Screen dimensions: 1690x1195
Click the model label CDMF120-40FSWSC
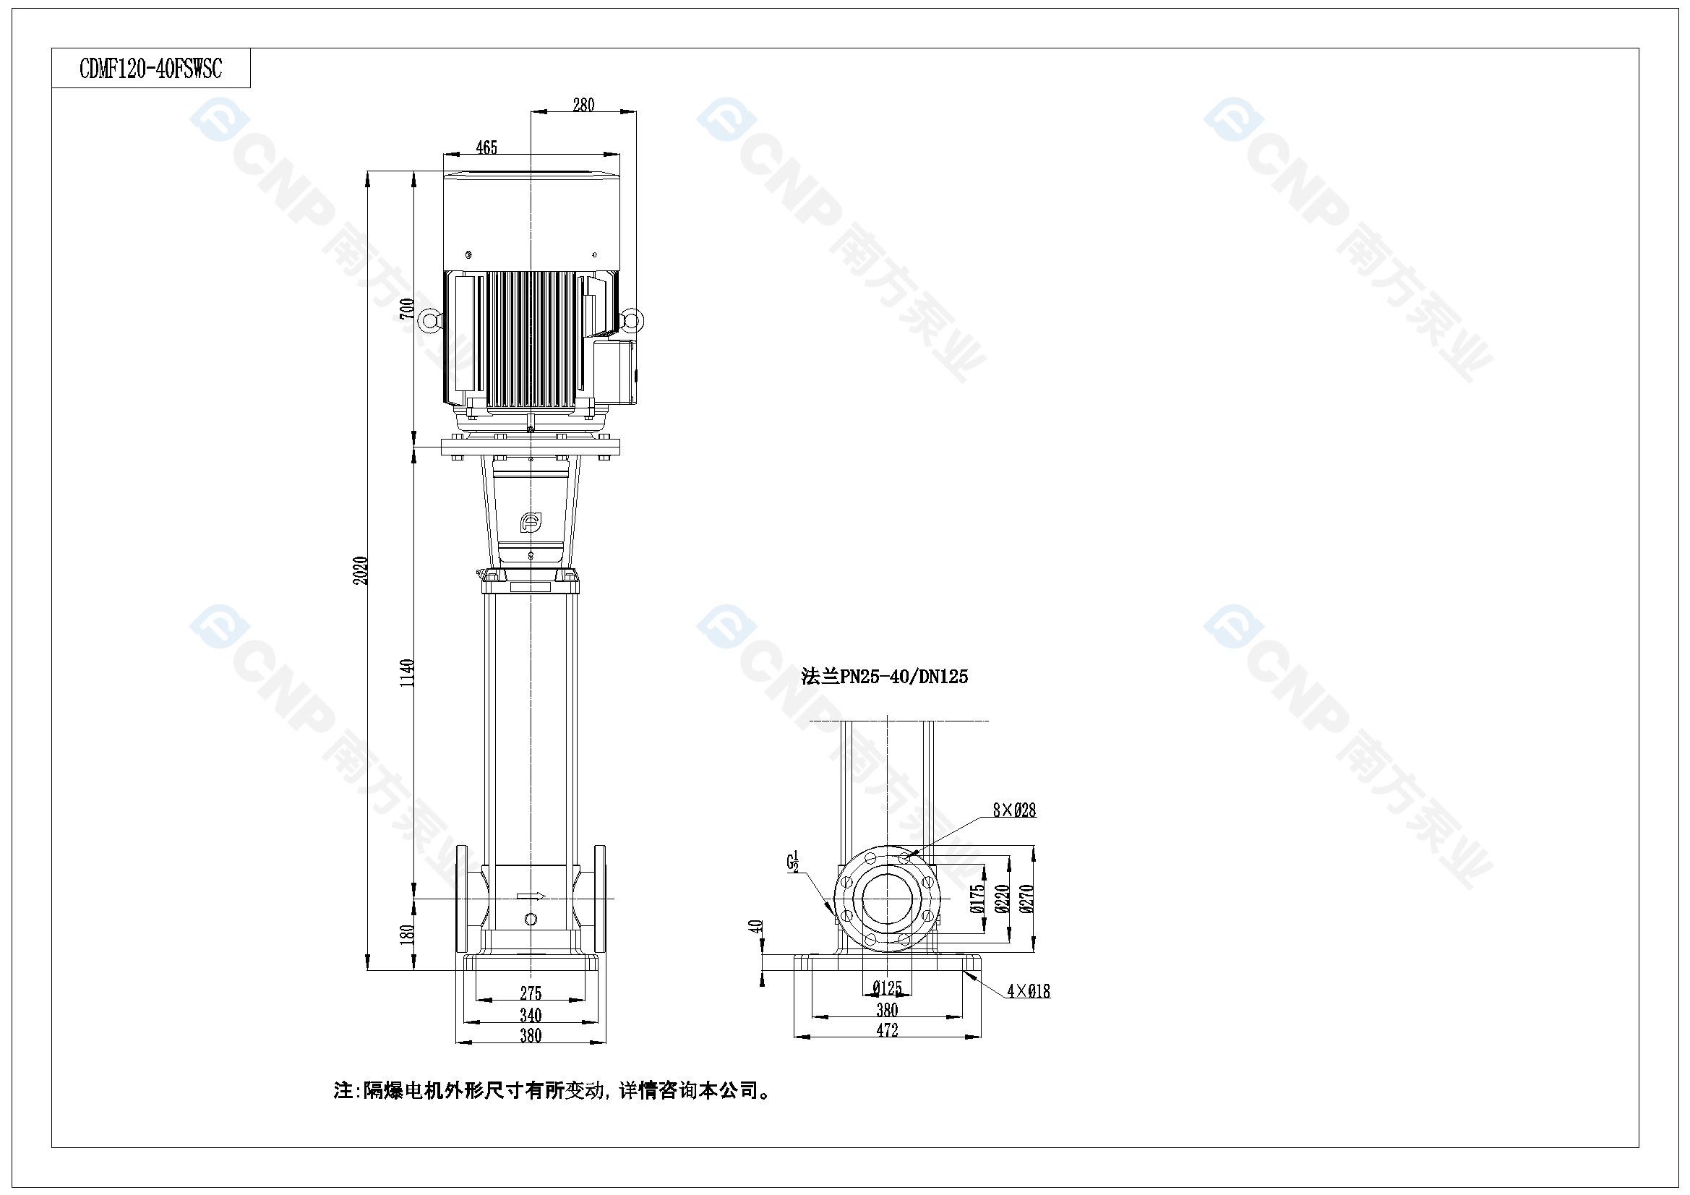(x=150, y=69)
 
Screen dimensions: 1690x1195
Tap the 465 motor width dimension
(x=486, y=148)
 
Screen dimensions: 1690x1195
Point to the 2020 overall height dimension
(x=361, y=570)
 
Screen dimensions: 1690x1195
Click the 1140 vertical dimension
(x=407, y=673)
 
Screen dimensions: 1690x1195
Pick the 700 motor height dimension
(x=407, y=309)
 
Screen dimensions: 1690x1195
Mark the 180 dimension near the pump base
(x=407, y=934)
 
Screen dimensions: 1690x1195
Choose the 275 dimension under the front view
(x=531, y=993)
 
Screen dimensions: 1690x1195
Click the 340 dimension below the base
(x=531, y=1015)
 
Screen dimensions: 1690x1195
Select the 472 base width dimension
(x=887, y=1030)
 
